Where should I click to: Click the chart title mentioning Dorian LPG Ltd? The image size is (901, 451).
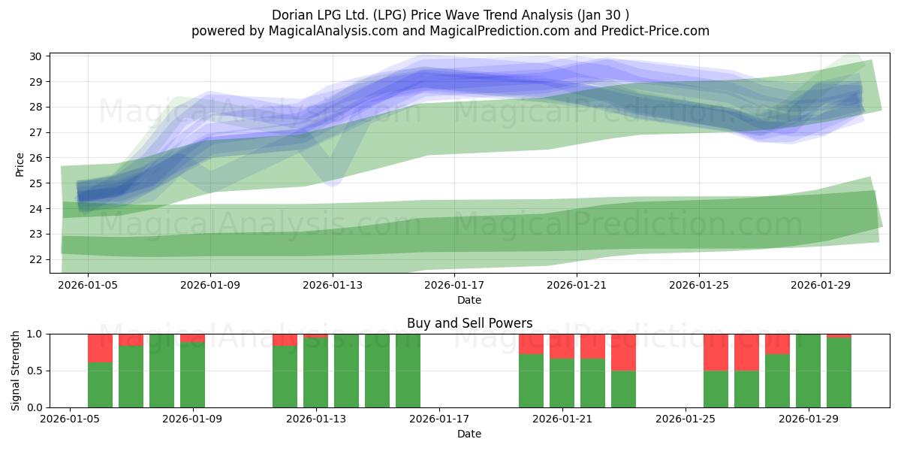(450, 15)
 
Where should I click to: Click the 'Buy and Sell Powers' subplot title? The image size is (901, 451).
(469, 323)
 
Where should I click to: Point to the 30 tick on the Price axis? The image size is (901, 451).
(35, 56)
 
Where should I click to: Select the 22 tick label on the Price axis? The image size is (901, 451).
(35, 259)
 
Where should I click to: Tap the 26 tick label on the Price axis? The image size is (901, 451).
(35, 158)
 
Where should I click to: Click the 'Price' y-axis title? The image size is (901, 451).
(20, 165)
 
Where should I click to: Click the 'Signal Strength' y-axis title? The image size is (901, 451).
(15, 371)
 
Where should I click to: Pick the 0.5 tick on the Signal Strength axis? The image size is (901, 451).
(35, 371)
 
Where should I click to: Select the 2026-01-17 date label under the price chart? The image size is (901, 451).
(454, 285)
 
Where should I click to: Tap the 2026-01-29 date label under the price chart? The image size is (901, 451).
(821, 285)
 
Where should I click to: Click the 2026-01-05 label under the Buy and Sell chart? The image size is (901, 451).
(70, 419)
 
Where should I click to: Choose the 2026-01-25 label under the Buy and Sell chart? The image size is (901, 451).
(686, 419)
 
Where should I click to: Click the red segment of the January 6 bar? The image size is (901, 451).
(100, 348)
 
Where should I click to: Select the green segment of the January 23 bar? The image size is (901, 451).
(623, 389)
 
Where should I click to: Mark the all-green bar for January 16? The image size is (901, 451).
(408, 371)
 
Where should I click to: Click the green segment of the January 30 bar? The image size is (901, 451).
(839, 373)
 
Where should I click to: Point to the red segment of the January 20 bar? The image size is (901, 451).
(531, 344)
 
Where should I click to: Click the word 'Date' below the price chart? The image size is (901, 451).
(469, 300)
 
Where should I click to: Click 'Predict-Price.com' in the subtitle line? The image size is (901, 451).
(655, 31)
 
